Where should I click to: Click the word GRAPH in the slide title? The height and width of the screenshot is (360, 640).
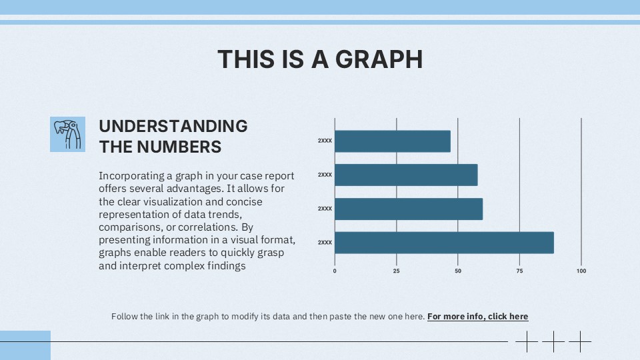point(378,59)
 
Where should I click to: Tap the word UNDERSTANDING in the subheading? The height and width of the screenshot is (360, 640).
point(173,126)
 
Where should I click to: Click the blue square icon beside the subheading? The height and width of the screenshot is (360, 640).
point(67,134)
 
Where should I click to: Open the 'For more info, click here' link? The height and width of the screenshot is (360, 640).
point(477,317)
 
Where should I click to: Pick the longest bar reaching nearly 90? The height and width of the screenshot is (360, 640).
point(444,242)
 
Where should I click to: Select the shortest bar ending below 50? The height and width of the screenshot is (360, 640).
point(393,141)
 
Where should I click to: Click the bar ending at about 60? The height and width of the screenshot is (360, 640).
point(409,209)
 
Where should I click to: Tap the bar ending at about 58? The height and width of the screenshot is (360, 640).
point(406,175)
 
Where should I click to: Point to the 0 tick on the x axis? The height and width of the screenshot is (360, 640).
point(335,271)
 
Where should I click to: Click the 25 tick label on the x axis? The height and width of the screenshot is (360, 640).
point(396,271)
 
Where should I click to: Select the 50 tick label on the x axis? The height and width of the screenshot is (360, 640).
point(458,271)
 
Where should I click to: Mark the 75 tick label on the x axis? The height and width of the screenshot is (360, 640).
point(519,271)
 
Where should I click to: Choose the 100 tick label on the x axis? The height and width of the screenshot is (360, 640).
point(581,271)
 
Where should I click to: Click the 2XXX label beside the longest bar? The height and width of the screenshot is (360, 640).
point(325,242)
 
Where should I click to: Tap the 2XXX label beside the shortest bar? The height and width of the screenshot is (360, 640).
point(325,141)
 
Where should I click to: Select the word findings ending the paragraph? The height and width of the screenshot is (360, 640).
point(227,265)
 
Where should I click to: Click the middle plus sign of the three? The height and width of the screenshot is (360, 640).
point(553,342)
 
